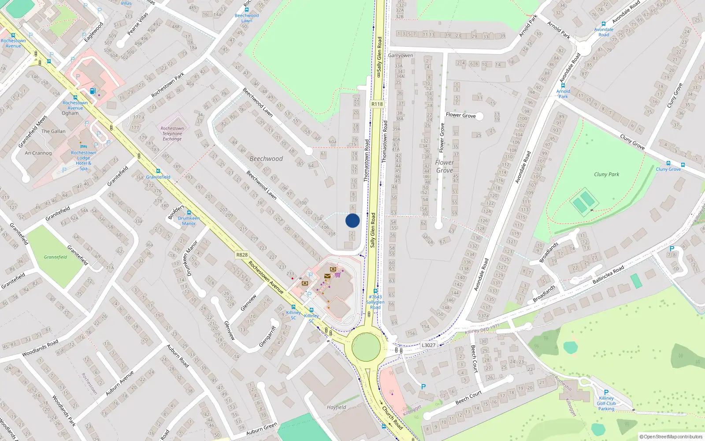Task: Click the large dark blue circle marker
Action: pos(352,220)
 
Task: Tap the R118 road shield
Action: pos(377,104)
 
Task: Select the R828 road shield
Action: pos(242,254)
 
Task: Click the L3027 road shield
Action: pos(428,345)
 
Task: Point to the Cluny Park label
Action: pos(606,174)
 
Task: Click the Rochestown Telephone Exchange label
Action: pos(172,134)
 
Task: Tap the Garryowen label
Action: pos(401,56)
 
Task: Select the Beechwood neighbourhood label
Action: pos(266,159)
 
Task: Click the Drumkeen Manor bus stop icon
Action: pos(189,213)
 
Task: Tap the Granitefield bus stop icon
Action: pos(158,171)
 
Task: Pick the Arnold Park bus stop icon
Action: pos(563,86)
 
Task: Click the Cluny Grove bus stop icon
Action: pos(668,163)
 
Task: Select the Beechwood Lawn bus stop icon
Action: pos(247,10)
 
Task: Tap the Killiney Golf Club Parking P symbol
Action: pos(606,392)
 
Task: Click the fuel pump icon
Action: pos(93,91)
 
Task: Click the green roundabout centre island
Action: pos(366,347)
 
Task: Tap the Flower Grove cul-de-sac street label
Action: pos(460,115)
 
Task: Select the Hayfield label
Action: pos(336,407)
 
